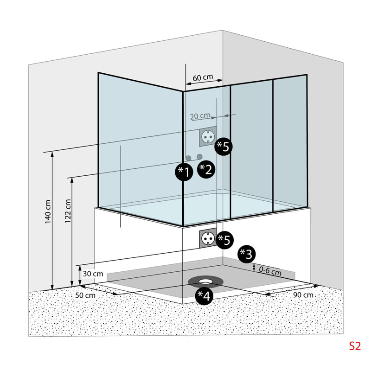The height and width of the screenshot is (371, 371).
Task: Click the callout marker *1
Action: (x=184, y=173)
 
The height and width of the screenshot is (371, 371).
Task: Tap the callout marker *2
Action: (x=205, y=169)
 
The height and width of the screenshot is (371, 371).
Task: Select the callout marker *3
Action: (x=246, y=254)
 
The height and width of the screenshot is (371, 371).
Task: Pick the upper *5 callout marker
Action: (x=224, y=147)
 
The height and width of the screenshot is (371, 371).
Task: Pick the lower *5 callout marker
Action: (x=224, y=240)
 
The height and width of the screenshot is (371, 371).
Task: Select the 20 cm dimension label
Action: (x=200, y=115)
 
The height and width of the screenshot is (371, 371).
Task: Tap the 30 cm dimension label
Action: (x=93, y=274)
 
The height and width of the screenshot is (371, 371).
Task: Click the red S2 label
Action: (x=355, y=345)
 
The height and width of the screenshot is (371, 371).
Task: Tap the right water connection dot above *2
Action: (x=199, y=156)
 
